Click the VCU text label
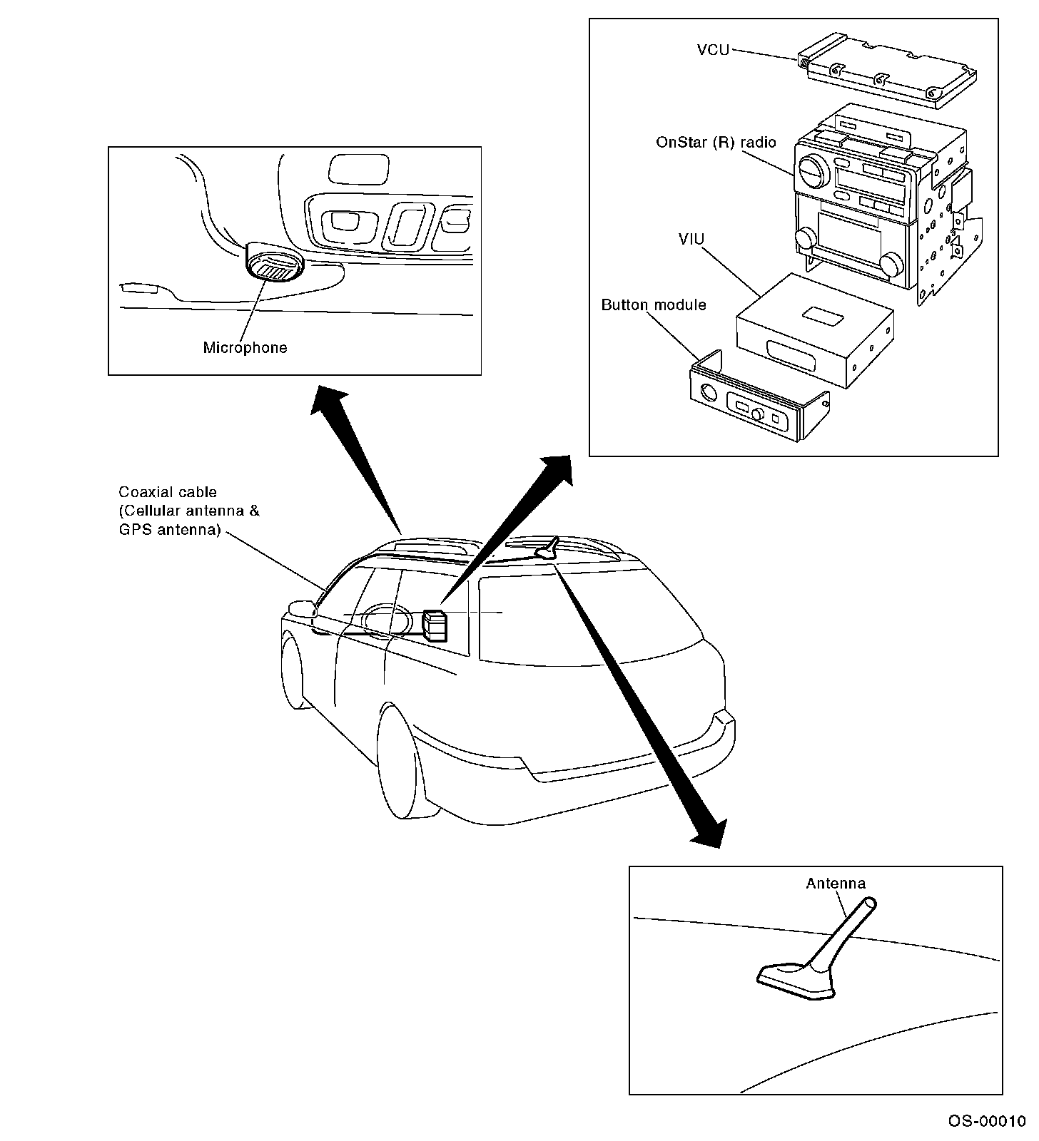coord(712,50)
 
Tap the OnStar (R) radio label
coord(715,142)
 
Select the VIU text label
coord(691,238)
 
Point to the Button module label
coord(653,305)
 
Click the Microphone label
coord(245,348)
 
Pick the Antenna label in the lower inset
coord(836,884)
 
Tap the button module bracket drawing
coord(756,399)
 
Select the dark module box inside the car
coord(434,625)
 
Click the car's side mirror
coord(300,609)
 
